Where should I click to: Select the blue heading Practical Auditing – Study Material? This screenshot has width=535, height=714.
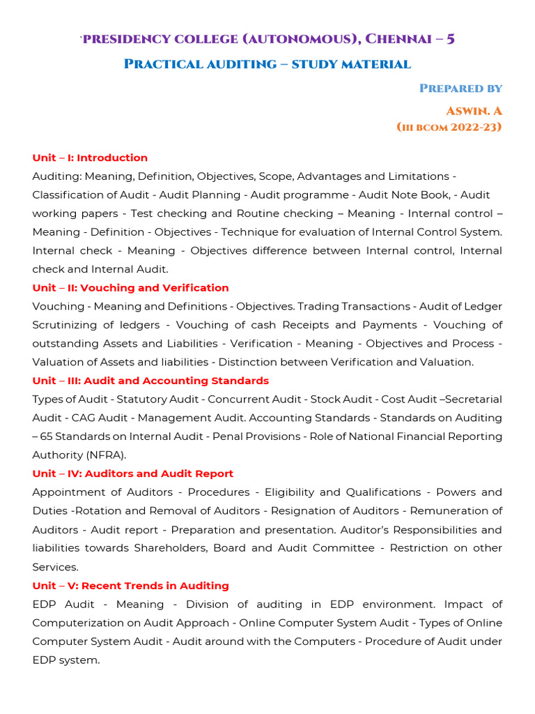click(267, 64)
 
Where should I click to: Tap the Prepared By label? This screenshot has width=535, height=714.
click(460, 88)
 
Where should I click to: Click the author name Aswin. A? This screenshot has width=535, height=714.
click(474, 111)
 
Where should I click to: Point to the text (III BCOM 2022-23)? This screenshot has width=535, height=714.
click(449, 127)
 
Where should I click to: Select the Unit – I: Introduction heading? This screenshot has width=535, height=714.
click(90, 158)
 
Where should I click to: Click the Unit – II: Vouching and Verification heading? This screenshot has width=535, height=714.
click(130, 288)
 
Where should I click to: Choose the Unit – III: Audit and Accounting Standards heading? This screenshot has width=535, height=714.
click(150, 381)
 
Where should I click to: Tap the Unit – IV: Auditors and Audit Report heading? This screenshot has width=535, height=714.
click(132, 473)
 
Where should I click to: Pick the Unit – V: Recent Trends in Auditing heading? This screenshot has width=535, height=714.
click(130, 586)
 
